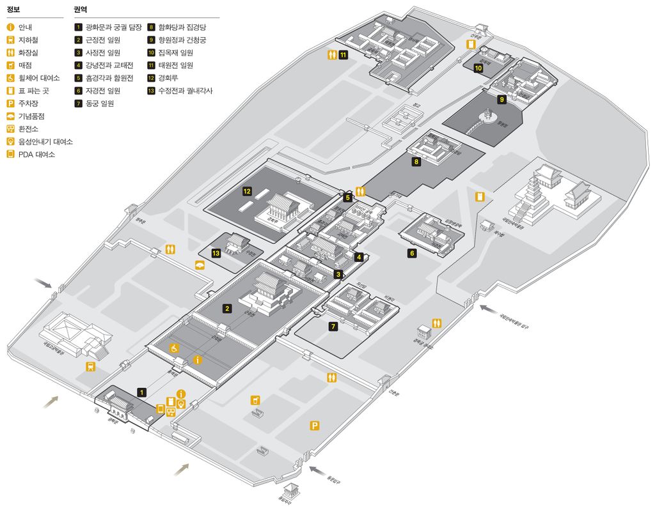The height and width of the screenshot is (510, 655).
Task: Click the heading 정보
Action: pos(13,10)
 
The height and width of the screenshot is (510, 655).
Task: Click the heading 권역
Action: pos(81,10)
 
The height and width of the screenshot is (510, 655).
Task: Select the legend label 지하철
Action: pos(29,40)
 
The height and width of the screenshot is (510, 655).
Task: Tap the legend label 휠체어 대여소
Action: pos(39,78)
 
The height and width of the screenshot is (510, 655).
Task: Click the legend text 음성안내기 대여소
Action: pos(45,141)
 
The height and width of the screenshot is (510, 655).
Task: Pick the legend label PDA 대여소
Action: pos(36,154)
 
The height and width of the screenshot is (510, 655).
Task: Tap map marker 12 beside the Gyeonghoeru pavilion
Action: pos(247,190)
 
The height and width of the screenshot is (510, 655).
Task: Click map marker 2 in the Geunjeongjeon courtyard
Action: pos(226,309)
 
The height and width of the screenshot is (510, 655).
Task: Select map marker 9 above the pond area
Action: pos(502,99)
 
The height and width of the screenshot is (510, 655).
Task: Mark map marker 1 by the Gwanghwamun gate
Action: pos(141,392)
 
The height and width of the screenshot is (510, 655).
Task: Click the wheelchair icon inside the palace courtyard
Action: pos(173,348)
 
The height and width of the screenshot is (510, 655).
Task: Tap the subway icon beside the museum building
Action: pos(91,366)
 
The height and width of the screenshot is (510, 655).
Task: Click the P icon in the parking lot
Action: pos(315,426)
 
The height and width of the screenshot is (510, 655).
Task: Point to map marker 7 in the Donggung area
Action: pos(333,327)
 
